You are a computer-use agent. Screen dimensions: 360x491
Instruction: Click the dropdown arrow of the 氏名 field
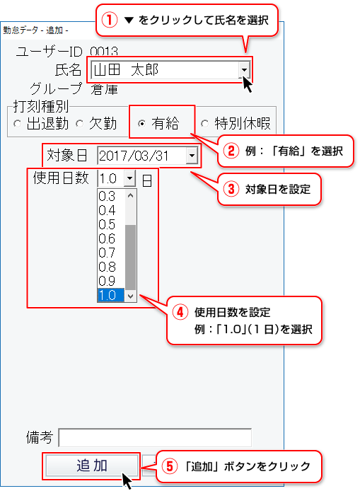[244, 69]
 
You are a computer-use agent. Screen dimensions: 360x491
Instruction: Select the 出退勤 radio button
[18, 124]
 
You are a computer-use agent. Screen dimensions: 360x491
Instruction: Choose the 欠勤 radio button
[80, 124]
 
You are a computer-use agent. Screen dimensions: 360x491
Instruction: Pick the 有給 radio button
[142, 124]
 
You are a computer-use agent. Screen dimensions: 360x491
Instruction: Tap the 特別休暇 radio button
[204, 124]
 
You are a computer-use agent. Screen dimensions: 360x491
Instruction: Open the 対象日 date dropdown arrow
[192, 156]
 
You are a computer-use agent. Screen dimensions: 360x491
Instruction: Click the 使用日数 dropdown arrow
[129, 178]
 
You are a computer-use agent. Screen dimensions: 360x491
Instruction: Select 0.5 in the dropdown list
[107, 224]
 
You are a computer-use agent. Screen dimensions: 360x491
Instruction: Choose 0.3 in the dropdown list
[107, 197]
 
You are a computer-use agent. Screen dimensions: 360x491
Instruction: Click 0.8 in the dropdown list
[107, 267]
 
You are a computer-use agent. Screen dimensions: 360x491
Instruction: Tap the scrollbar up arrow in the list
[131, 195]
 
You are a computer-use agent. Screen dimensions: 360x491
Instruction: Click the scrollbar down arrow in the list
[131, 296]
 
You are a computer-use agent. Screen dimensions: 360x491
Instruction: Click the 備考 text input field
[155, 437]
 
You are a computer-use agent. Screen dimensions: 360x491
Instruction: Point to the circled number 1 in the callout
[109, 21]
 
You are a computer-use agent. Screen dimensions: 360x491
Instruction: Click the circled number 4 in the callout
[180, 312]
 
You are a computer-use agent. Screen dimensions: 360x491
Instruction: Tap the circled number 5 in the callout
[169, 466]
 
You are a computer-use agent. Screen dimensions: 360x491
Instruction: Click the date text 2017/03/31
[134, 156]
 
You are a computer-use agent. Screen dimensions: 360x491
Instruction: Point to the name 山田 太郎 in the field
[126, 69]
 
